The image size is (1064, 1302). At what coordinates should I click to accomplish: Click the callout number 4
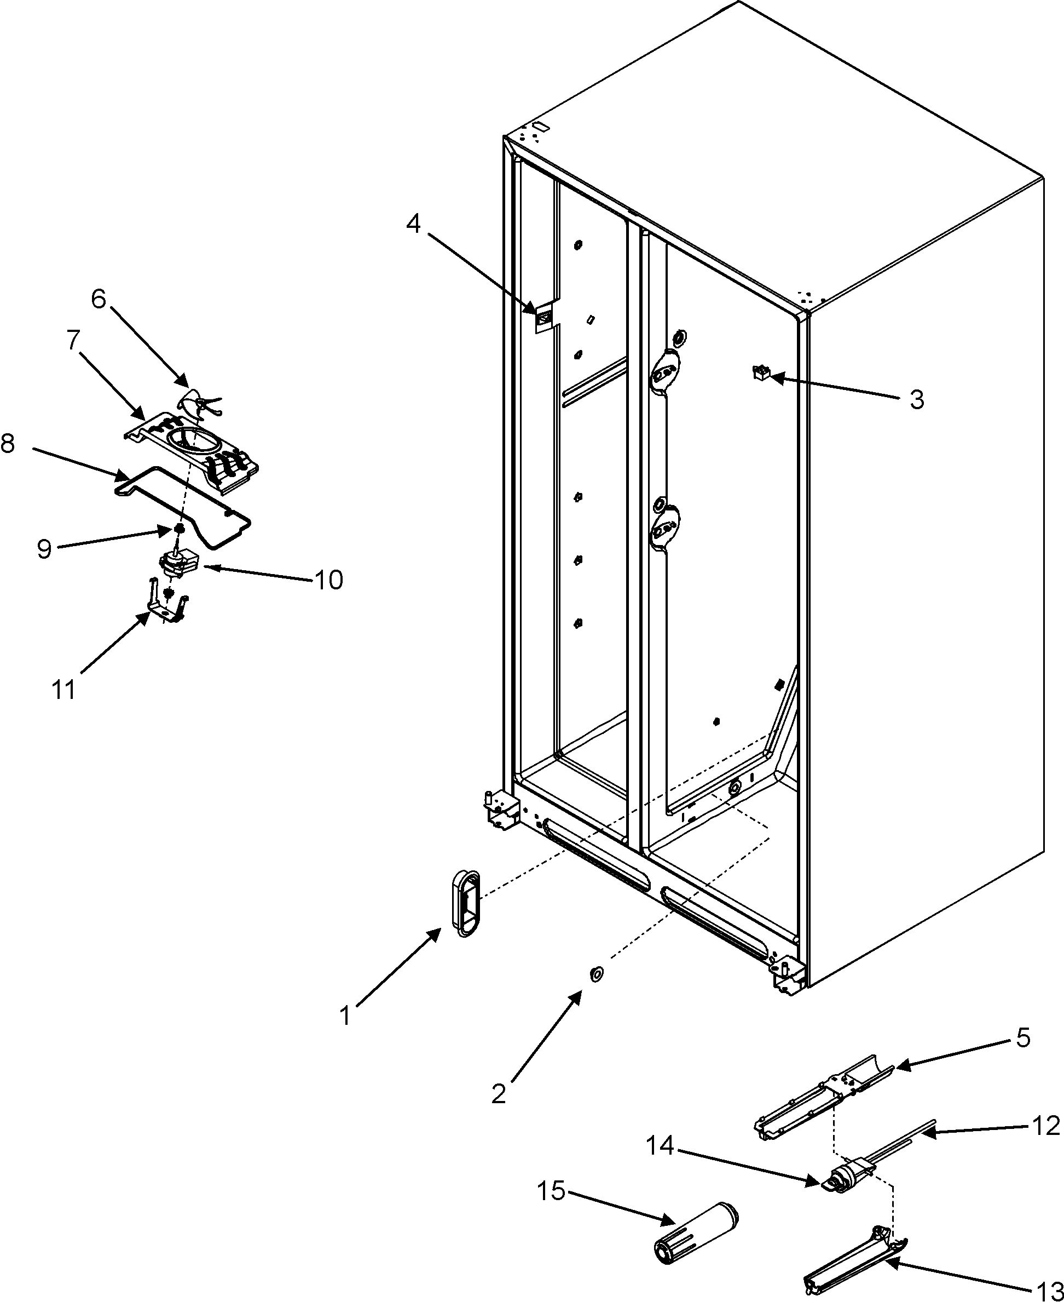click(414, 225)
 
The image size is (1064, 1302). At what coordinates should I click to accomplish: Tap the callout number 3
click(916, 400)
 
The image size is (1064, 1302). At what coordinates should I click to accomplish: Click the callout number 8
click(9, 444)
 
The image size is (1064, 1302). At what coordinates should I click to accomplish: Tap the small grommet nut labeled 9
click(180, 529)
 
